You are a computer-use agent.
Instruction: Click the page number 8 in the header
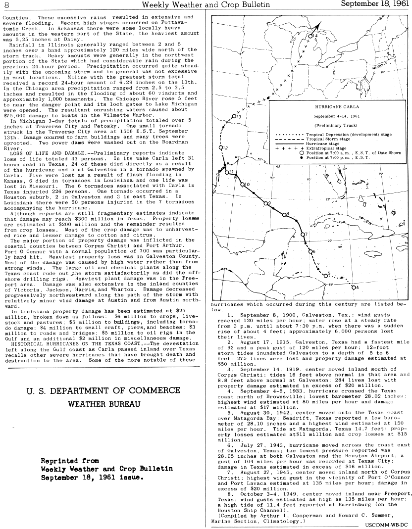(x=6, y=4)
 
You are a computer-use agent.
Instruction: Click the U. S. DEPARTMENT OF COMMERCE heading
(x=103, y=390)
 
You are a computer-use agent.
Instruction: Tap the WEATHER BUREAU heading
(x=103, y=403)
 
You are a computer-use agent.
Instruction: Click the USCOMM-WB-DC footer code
(x=388, y=524)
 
